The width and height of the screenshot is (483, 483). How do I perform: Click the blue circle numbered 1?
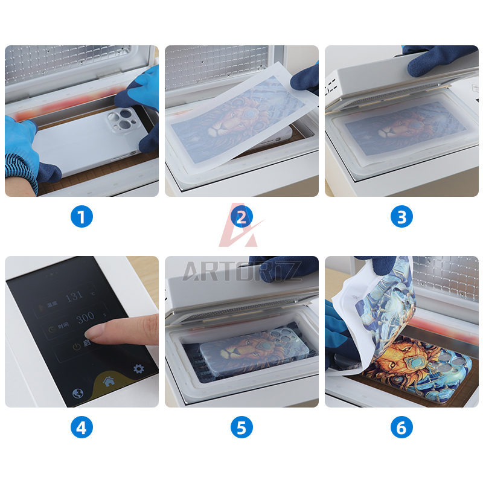[82, 216]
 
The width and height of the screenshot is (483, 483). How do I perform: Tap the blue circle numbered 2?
[241, 216]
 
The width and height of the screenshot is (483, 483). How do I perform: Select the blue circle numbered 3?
[401, 216]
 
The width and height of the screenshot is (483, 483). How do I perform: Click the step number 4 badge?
[82, 427]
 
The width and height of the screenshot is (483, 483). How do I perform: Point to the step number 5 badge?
[241, 427]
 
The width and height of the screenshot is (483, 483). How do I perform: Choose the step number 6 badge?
[401, 427]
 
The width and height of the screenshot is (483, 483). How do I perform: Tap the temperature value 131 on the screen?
[74, 296]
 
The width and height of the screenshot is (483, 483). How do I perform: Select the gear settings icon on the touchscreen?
[139, 368]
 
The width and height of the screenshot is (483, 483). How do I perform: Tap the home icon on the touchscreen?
[109, 380]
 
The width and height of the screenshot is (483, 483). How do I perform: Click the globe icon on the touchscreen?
[78, 392]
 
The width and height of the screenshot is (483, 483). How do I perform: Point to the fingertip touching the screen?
[96, 330]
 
